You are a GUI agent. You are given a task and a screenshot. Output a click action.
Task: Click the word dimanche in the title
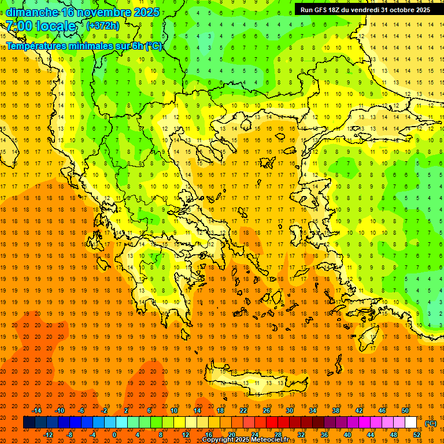coord(32,12)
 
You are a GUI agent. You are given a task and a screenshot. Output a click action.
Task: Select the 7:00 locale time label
coord(40,26)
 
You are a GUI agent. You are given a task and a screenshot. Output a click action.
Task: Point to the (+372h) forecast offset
coord(103,26)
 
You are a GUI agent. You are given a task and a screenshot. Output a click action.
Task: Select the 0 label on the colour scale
coord(114,435)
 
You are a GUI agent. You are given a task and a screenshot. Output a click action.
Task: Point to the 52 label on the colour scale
coord(416,435)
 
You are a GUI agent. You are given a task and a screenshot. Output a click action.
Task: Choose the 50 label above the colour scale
coord(405,410)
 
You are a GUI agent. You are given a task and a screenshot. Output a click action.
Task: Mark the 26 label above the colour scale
coord(267,410)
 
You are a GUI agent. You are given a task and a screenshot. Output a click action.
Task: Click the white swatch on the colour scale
coord(411,423)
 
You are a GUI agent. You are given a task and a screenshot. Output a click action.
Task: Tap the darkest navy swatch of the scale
coord(29,423)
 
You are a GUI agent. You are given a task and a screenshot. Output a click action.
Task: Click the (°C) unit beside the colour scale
coord(431,423)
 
